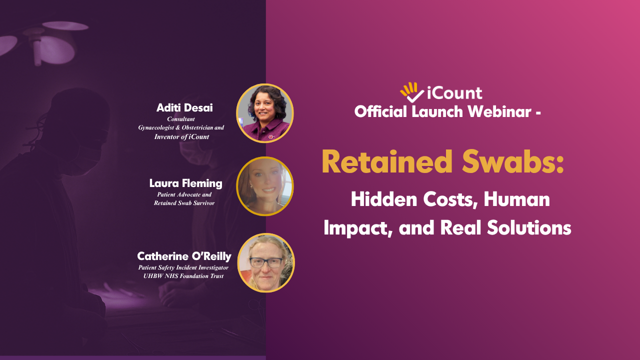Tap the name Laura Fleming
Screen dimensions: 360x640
coord(185,183)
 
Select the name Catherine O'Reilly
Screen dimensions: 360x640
coord(184,256)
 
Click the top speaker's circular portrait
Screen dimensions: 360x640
coord(265,113)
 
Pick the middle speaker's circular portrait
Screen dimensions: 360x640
coord(265,186)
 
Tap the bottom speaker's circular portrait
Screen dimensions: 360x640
coord(266,262)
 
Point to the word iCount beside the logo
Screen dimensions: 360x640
coord(454,93)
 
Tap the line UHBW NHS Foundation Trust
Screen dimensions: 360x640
coord(183,276)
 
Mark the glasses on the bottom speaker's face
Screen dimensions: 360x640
coord(265,262)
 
